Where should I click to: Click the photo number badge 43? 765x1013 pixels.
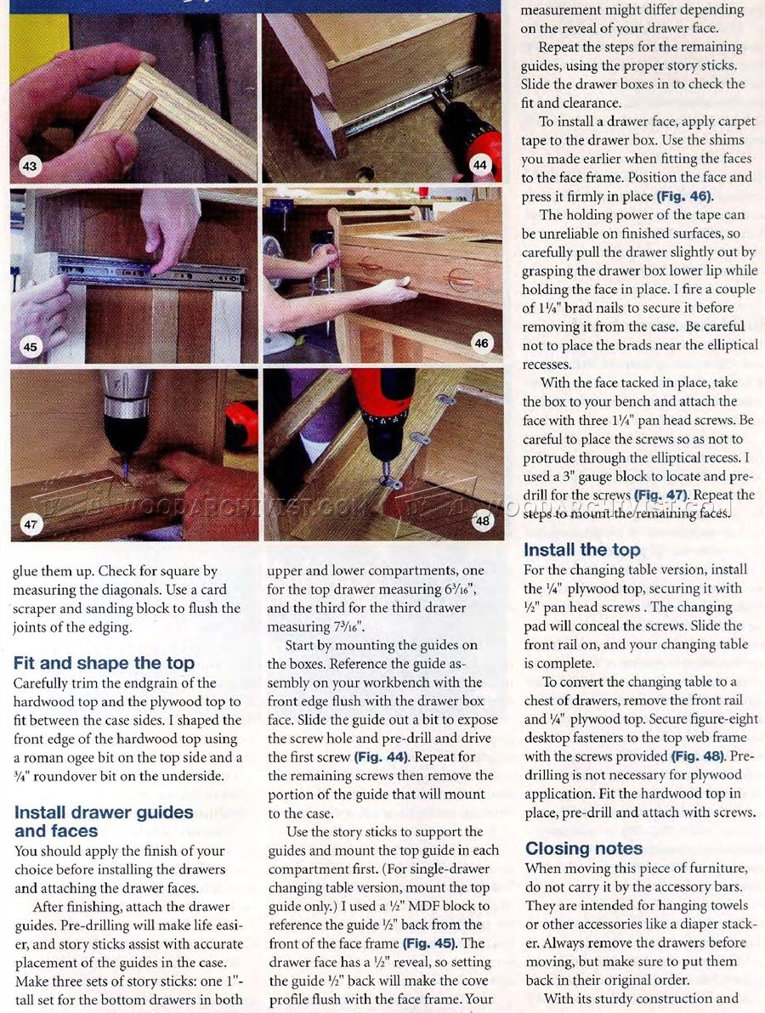(x=30, y=166)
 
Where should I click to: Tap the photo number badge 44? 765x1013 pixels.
(x=479, y=165)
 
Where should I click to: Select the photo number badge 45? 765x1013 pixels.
(x=30, y=347)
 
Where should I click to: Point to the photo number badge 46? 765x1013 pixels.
(x=481, y=343)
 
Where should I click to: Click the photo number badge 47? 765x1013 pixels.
(x=31, y=524)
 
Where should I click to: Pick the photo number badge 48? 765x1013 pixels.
(x=483, y=521)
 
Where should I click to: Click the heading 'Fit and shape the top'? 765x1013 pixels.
(x=104, y=664)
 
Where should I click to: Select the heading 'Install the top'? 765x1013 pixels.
(x=581, y=550)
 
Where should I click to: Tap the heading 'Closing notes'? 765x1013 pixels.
(x=583, y=848)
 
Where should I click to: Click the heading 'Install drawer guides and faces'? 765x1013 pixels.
(x=104, y=822)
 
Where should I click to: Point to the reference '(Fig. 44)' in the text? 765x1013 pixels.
(x=381, y=756)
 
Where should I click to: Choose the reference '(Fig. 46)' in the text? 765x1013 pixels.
(x=684, y=195)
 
